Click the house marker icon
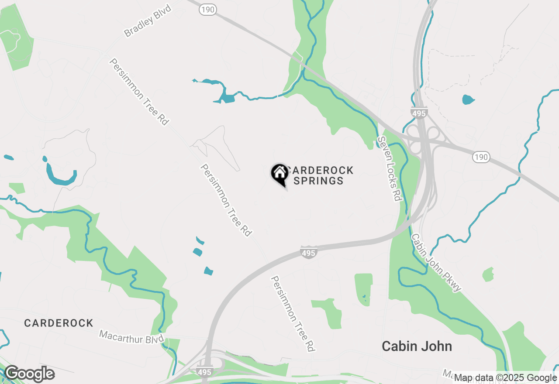pyautogui.click(x=279, y=174)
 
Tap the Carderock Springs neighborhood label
pyautogui.click(x=320, y=175)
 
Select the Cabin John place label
pyautogui.click(x=417, y=346)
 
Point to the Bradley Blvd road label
pyautogui.click(x=148, y=21)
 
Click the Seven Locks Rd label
pyautogui.click(x=389, y=168)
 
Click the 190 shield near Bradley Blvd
pyautogui.click(x=208, y=10)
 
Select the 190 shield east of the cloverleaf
pyautogui.click(x=481, y=157)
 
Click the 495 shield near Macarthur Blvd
pyautogui.click(x=204, y=372)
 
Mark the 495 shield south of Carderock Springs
pyautogui.click(x=308, y=252)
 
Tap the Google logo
pyautogui.click(x=29, y=374)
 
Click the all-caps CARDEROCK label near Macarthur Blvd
pyautogui.click(x=59, y=323)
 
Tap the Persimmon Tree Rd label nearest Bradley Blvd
pyautogui.click(x=139, y=92)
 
